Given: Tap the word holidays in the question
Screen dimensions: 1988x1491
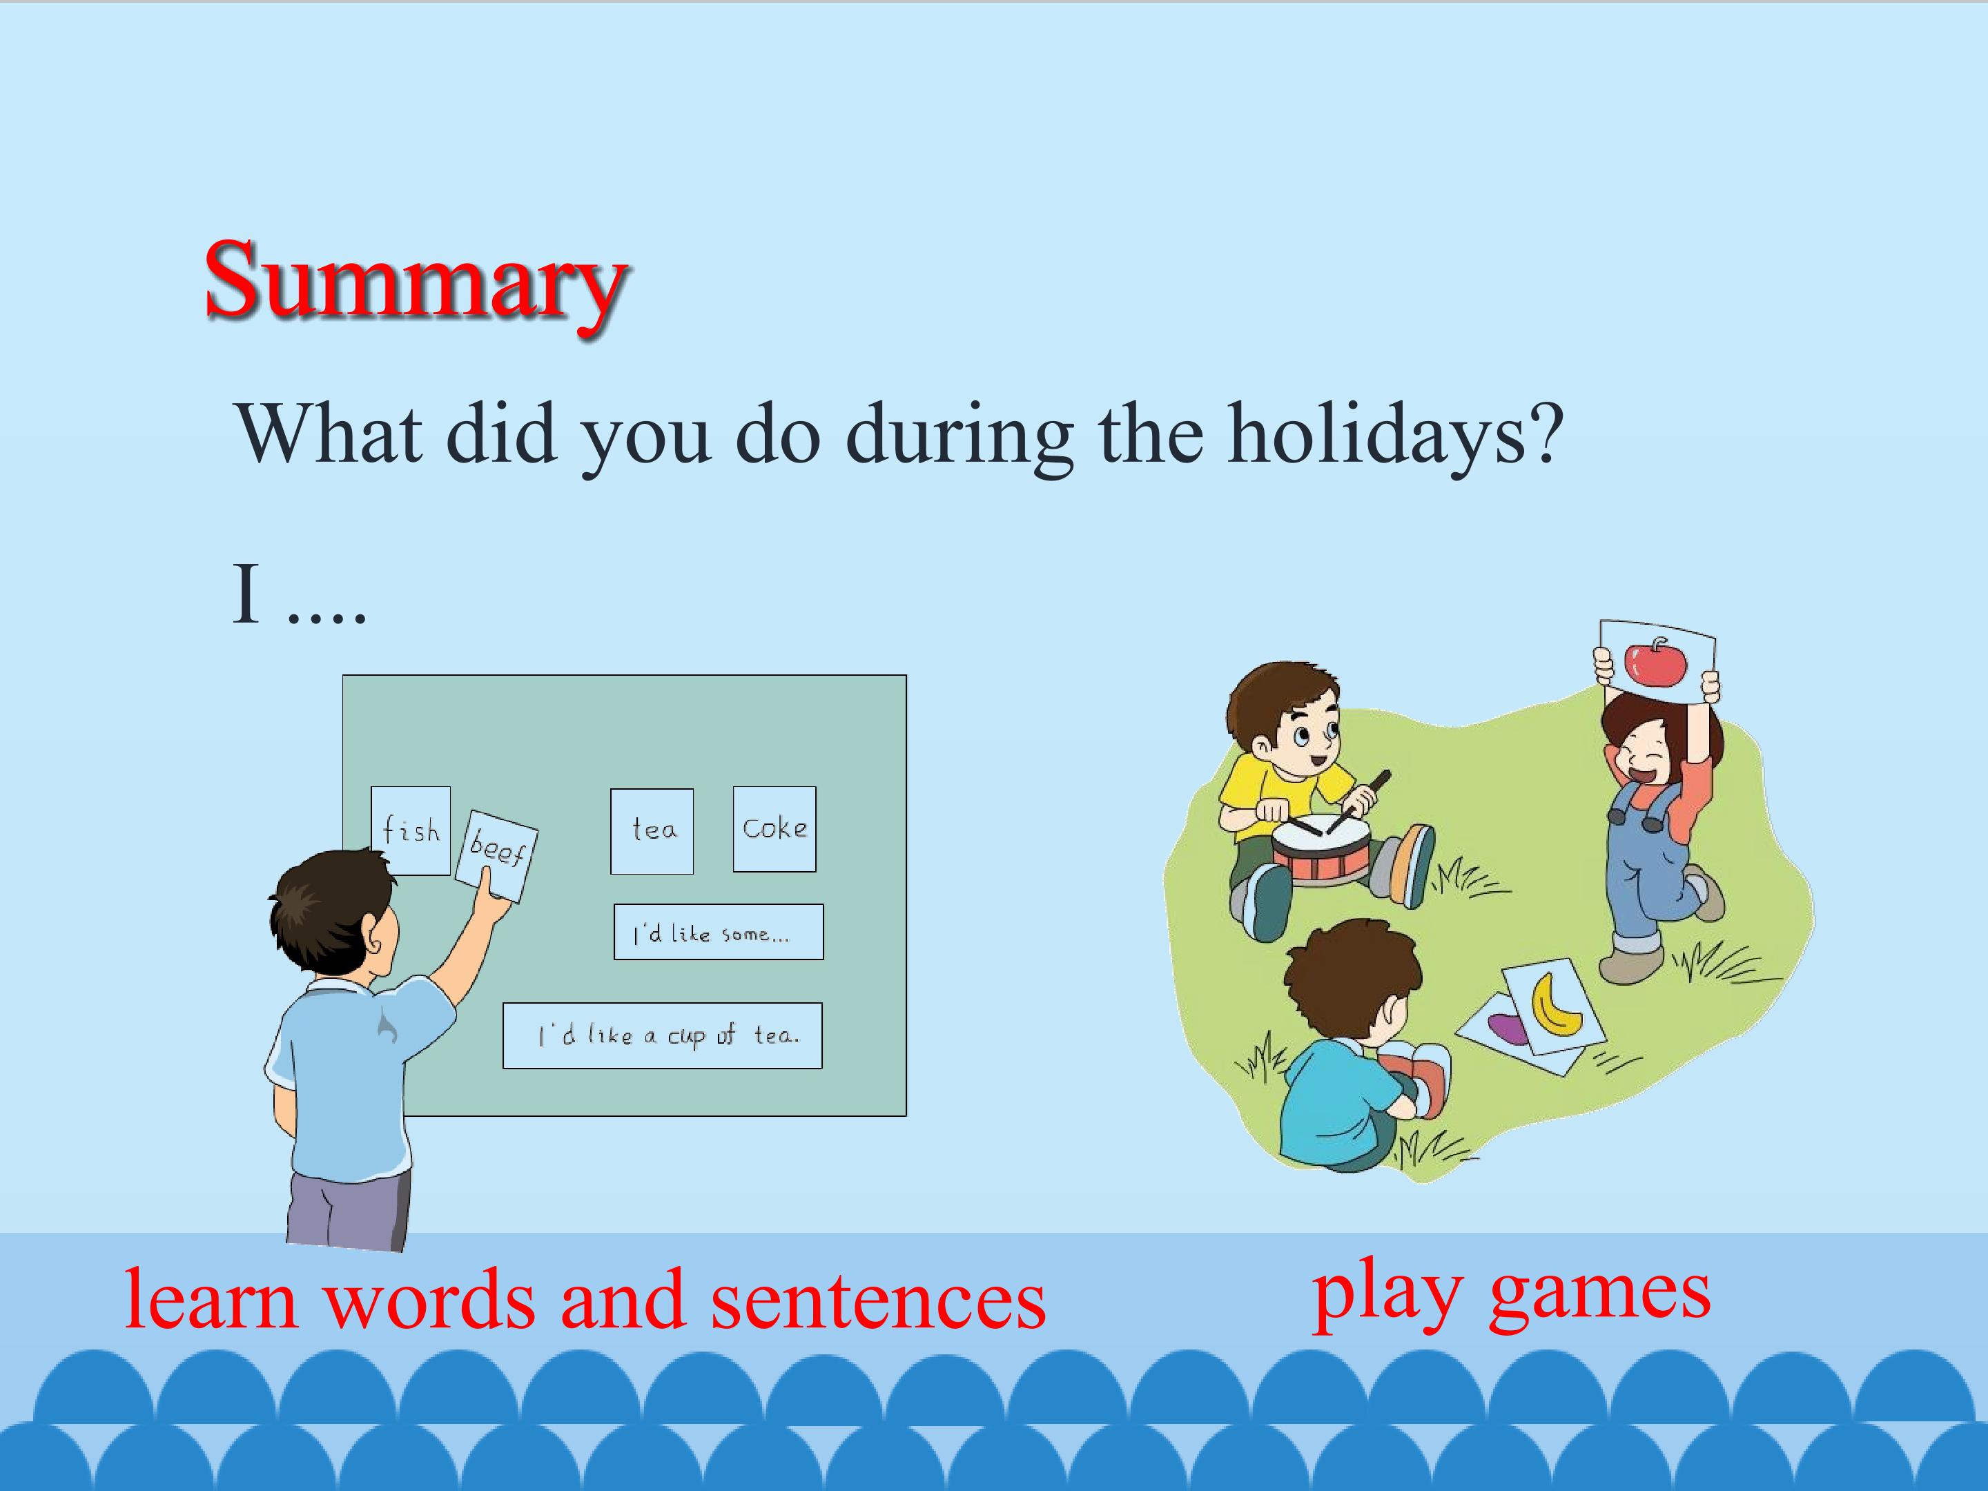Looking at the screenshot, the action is click(x=1396, y=435).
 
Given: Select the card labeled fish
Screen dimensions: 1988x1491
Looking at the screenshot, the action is click(x=411, y=830).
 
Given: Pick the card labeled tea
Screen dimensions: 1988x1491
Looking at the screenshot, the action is click(x=652, y=831).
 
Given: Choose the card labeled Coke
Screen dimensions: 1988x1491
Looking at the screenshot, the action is click(x=774, y=828).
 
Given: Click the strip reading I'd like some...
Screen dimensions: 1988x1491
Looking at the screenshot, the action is click(x=718, y=932).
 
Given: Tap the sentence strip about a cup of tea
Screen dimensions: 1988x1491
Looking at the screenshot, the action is click(x=663, y=1035).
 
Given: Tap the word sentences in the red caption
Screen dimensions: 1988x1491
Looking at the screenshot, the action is click(x=878, y=1300).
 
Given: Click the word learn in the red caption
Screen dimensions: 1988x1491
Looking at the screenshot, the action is click(x=211, y=1300).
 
